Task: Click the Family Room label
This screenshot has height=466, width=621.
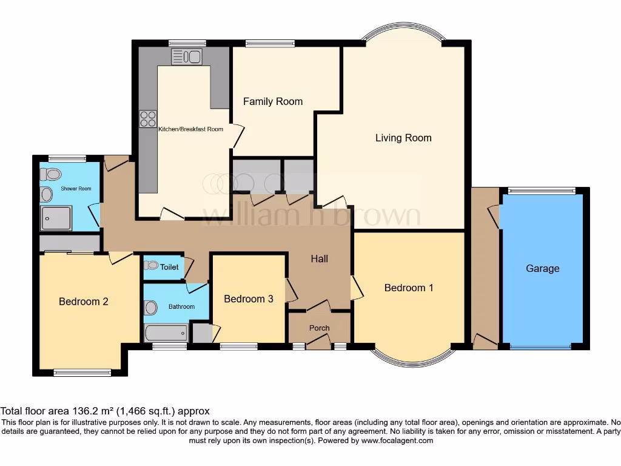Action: click(x=273, y=101)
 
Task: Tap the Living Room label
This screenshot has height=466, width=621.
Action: click(x=403, y=138)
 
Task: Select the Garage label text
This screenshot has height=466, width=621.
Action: click(x=542, y=268)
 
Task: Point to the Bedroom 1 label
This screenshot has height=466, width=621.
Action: click(x=409, y=288)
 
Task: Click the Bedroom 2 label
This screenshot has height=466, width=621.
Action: click(x=83, y=301)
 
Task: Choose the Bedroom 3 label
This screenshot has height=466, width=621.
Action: click(x=248, y=299)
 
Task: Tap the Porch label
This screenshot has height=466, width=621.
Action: click(x=320, y=328)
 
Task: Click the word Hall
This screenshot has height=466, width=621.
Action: click(x=320, y=258)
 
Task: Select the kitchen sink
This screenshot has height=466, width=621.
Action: click(x=186, y=57)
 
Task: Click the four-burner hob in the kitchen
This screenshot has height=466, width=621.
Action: click(x=147, y=119)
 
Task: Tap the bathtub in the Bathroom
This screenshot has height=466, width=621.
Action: click(x=166, y=333)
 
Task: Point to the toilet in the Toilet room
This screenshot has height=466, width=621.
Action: click(x=152, y=266)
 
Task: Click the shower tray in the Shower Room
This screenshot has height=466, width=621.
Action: click(x=56, y=218)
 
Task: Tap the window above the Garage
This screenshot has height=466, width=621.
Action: click(x=542, y=191)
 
